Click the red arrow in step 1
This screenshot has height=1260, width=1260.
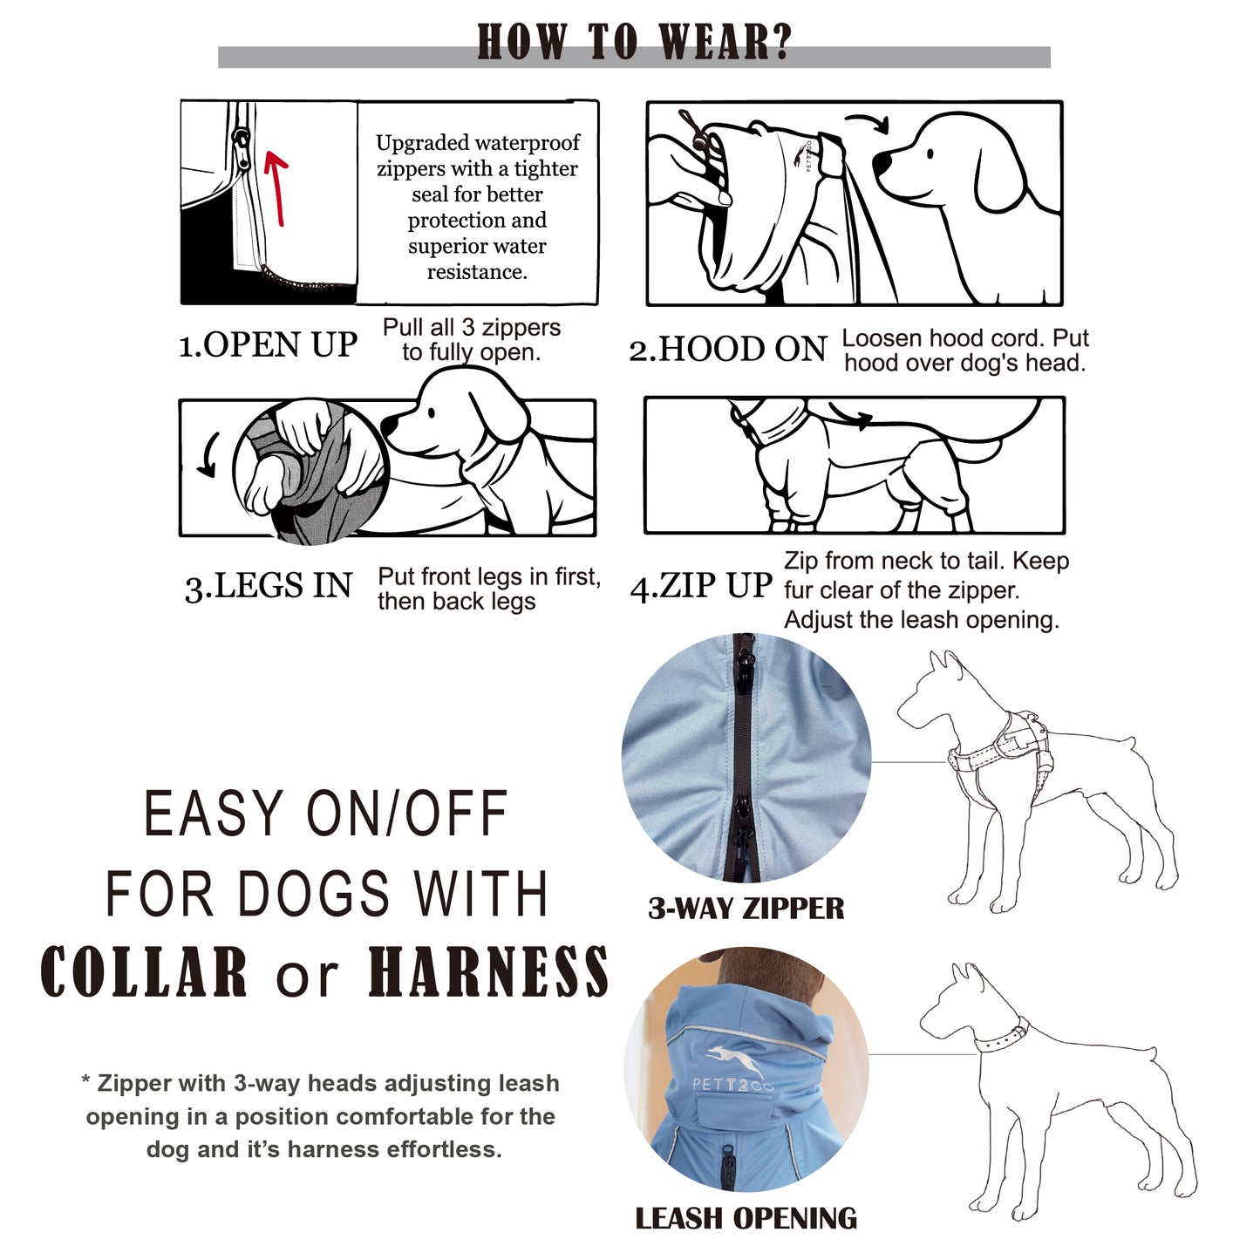tap(276, 187)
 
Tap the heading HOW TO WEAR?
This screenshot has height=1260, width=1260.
tap(634, 42)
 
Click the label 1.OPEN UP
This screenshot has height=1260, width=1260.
tap(268, 345)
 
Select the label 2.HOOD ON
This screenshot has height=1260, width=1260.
tap(727, 350)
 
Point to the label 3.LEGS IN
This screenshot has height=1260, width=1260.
tap(268, 586)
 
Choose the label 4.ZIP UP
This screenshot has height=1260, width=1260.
tap(701, 586)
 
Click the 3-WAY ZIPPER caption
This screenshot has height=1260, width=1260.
tap(746, 909)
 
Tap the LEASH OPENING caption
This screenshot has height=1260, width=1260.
tap(746, 1218)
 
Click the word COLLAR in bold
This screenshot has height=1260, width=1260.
tap(145, 972)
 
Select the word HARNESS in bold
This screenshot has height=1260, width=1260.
tap(487, 972)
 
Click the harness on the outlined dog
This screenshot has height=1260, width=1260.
tap(1003, 750)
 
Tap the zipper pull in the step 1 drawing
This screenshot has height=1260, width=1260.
tap(241, 140)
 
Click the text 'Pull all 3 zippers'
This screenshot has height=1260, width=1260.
tap(471, 327)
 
